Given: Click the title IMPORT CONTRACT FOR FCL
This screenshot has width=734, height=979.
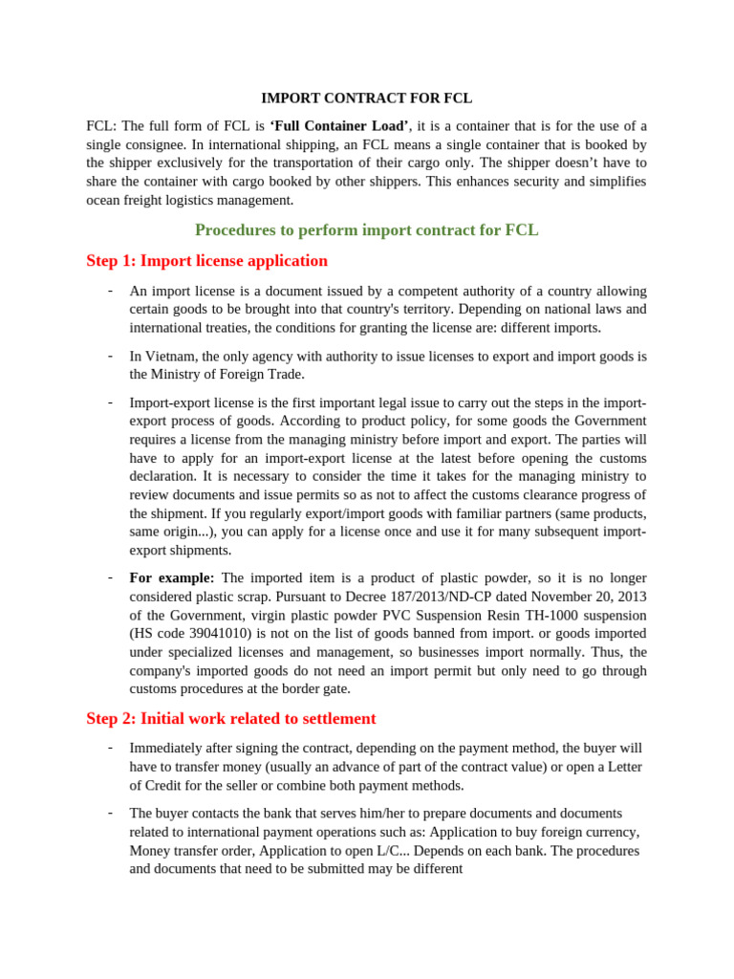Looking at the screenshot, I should [x=367, y=98].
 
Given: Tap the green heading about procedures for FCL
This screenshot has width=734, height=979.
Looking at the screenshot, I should [x=367, y=229].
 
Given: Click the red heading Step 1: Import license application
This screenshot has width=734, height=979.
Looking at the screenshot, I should [x=206, y=260].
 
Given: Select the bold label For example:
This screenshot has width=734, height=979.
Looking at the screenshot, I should [x=172, y=577].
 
